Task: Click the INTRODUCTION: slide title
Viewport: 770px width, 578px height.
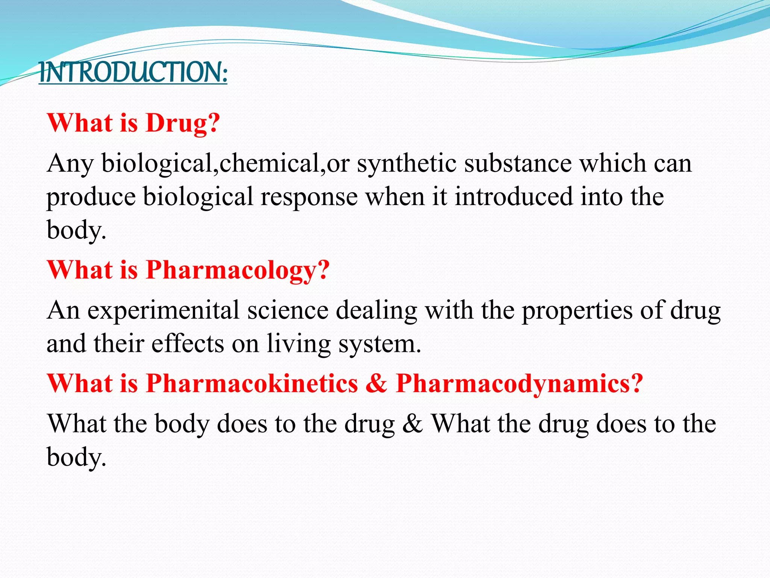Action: click(x=133, y=72)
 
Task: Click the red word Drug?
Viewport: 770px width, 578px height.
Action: click(x=183, y=123)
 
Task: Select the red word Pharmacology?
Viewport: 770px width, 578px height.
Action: click(x=238, y=270)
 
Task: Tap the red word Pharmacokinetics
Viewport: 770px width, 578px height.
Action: click(x=252, y=384)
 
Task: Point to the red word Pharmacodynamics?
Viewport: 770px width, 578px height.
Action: click(x=520, y=384)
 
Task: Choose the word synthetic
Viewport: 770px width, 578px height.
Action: click(x=407, y=164)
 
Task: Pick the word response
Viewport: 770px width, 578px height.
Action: click(x=309, y=197)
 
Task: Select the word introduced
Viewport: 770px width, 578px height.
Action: click(x=514, y=196)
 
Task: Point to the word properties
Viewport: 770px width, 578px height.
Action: click(x=577, y=311)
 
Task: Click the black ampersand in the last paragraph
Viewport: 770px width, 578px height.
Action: click(x=412, y=424)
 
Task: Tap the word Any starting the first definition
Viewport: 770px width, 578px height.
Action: click(x=70, y=164)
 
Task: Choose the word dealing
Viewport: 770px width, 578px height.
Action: click(x=376, y=311)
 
